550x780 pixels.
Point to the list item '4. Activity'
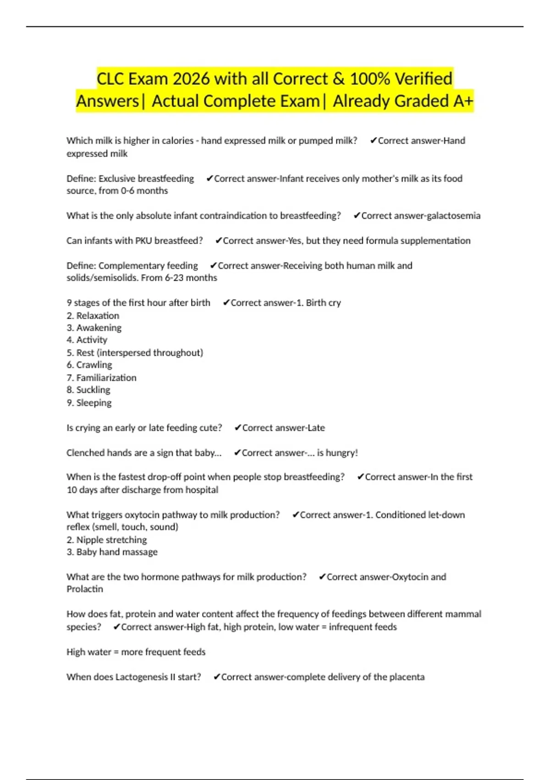point(87,340)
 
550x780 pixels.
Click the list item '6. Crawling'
point(89,365)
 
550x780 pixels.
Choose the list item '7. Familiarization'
point(101,378)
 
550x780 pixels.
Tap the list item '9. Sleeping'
point(89,403)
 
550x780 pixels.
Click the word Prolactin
point(85,589)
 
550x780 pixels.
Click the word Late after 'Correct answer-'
point(316,428)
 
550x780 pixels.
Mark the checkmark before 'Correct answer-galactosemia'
point(357,216)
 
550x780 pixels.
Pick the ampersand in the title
point(338,79)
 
